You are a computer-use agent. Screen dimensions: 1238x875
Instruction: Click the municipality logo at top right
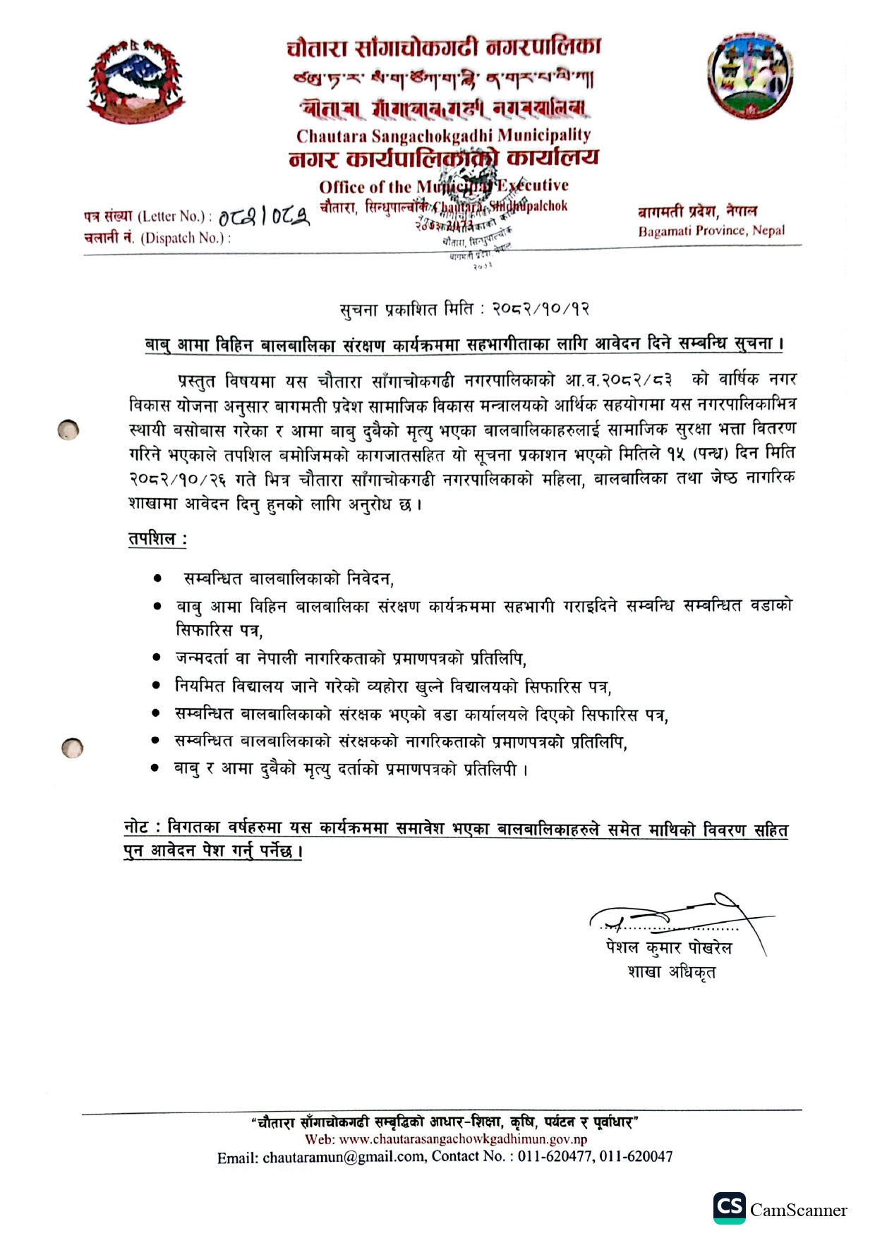(750, 76)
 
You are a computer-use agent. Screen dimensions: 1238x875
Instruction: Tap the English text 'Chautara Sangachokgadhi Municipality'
(443, 135)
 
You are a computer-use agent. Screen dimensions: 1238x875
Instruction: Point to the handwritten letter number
(263, 217)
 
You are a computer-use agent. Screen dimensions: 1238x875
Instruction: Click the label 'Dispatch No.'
(185, 238)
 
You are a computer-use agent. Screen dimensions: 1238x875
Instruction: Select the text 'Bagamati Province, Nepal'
(711, 231)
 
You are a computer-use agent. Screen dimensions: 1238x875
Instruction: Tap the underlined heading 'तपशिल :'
(157, 539)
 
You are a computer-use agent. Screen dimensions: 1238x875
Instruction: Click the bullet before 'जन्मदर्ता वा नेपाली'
(157, 657)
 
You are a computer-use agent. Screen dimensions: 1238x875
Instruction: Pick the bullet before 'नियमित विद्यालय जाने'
(157, 685)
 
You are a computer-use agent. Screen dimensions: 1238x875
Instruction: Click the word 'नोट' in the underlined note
(136, 827)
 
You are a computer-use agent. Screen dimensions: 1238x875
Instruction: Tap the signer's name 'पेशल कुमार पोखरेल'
(668, 947)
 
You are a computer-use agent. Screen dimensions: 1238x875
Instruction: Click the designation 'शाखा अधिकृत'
(671, 972)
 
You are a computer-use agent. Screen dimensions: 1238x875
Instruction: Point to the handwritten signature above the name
(677, 917)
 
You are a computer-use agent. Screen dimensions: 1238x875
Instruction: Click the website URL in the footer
(463, 1139)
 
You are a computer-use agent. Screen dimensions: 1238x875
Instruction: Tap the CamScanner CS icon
(729, 1208)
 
